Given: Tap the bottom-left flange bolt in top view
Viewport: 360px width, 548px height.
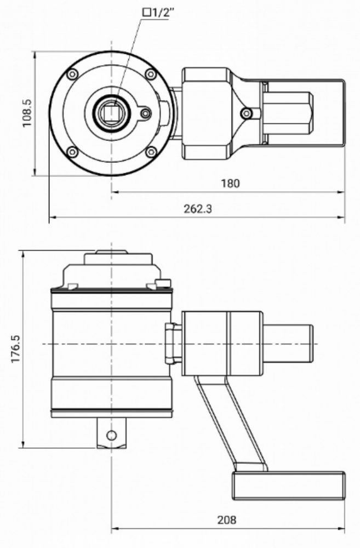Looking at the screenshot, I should click(71, 152).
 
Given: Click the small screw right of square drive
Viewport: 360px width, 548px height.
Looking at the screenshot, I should click(145, 113).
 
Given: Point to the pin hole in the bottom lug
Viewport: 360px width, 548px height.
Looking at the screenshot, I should click(112, 435).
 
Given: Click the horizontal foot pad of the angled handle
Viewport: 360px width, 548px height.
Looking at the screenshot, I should click(289, 485).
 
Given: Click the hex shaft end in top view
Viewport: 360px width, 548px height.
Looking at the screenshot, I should click(288, 113).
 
